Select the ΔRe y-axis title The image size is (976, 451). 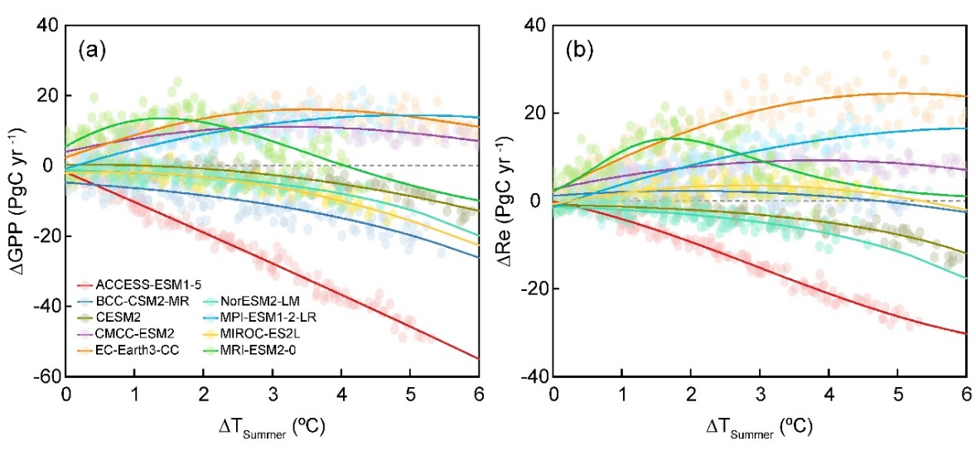(x=507, y=201)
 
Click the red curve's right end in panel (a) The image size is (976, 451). (x=479, y=358)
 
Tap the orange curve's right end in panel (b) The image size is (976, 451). (x=966, y=96)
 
